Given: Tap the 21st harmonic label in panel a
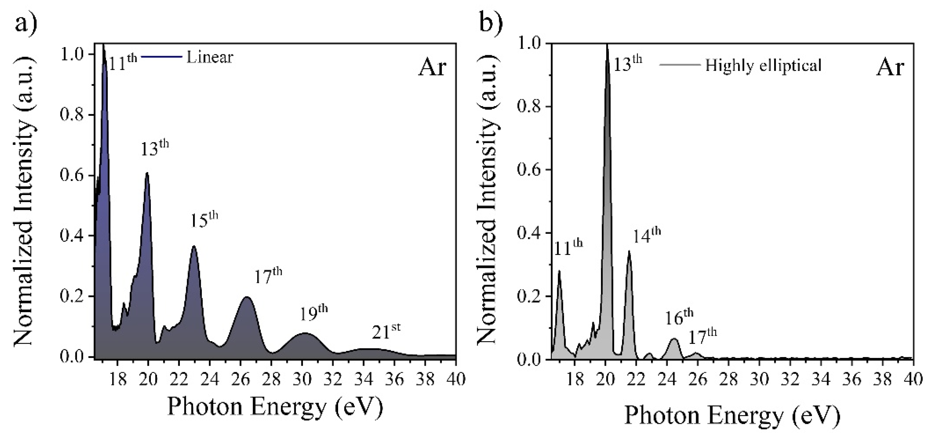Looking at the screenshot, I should tap(386, 332).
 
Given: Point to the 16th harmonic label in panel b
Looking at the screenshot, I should tap(679, 317).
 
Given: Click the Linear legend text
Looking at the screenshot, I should tap(209, 57).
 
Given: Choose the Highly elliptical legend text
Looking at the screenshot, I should tap(763, 66).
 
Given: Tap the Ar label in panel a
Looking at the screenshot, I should tap(432, 68).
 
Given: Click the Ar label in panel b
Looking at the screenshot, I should tap(890, 68).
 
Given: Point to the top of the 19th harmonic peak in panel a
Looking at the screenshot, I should tap(304, 333).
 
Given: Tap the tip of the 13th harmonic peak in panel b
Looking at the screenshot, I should tap(607, 45).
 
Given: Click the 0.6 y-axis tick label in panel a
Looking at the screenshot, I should tap(72, 175).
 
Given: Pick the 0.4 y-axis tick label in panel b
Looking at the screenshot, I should tap(529, 233).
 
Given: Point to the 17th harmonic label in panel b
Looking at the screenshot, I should tap(702, 337).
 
